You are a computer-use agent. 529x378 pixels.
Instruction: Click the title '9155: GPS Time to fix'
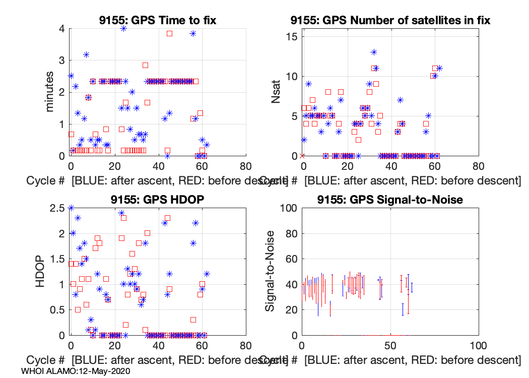[x=158, y=21]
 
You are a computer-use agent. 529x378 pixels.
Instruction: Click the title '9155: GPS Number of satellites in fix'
[x=390, y=21]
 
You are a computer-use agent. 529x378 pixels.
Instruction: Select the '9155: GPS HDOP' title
[x=158, y=200]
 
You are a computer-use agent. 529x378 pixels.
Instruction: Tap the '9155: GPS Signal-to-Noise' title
[x=390, y=200]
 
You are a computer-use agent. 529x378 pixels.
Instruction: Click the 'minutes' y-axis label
[x=49, y=92]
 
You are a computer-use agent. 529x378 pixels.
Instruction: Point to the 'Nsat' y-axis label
[x=276, y=92]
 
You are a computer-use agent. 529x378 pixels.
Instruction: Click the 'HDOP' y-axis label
[x=41, y=271]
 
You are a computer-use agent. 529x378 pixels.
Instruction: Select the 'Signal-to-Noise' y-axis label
[x=271, y=271]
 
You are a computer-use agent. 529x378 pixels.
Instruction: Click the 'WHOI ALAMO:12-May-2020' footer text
[x=76, y=371]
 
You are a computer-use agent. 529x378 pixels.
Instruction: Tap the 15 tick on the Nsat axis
[x=291, y=37]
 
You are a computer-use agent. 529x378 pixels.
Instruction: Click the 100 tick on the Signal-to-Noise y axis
[x=288, y=208]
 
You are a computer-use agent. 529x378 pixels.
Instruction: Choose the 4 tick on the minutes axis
[x=61, y=29]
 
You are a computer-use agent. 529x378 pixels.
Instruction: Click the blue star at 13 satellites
[x=374, y=52]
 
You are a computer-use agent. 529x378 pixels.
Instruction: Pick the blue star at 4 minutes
[x=123, y=29]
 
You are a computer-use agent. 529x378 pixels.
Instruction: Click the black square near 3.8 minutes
[x=170, y=33]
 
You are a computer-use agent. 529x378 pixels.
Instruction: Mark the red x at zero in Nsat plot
[x=302, y=156]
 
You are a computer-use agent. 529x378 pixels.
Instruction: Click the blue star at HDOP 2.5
[x=71, y=208]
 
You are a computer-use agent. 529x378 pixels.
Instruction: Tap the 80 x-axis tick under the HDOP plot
[x=245, y=346]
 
